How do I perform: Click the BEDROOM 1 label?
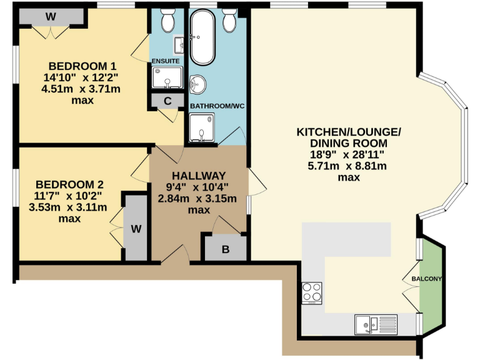83,66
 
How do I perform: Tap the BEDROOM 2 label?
69,184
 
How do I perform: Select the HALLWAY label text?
199,175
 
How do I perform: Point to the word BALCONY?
426,279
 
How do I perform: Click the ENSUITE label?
165,61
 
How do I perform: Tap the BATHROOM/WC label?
217,106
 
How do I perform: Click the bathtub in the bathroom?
202,39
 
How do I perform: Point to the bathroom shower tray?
201,129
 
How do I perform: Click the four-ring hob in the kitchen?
312,292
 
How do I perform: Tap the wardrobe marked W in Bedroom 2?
136,228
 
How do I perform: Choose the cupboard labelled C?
167,100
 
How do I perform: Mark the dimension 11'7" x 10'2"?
69,196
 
